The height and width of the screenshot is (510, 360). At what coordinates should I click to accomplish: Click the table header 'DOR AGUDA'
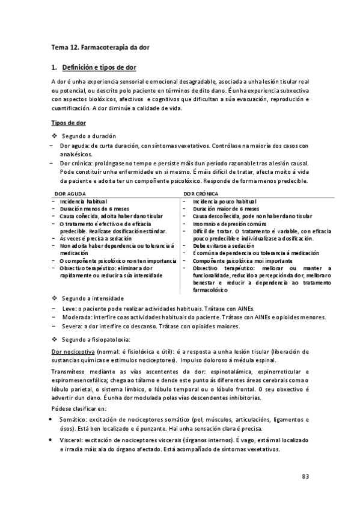tap(69, 194)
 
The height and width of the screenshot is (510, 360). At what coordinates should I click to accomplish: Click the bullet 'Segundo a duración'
tap(89, 137)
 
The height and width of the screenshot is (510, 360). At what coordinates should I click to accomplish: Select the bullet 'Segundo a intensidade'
tap(93, 298)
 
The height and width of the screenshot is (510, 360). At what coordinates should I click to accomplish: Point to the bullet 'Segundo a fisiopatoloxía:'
tap(96, 340)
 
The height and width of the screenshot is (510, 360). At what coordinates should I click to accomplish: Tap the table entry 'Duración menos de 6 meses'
tap(89, 208)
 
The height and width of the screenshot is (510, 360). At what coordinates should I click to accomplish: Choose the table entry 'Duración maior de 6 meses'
tap(226, 208)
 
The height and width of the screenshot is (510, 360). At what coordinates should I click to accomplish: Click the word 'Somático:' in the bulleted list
tap(75, 419)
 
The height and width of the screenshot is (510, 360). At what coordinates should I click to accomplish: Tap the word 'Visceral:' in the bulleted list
tap(73, 440)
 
